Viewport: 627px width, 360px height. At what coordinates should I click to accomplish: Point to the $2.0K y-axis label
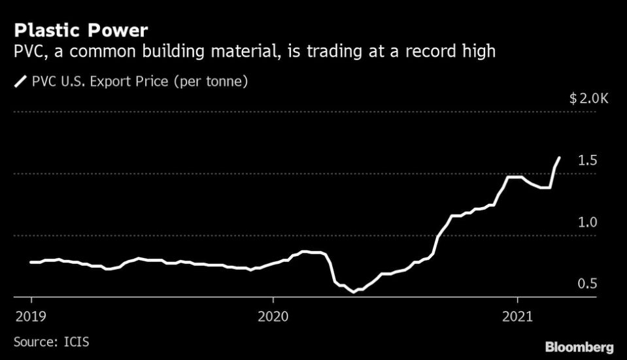pos(588,99)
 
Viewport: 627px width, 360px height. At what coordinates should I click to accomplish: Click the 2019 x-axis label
pos(31,316)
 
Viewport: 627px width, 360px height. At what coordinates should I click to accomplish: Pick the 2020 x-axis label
pos(273,316)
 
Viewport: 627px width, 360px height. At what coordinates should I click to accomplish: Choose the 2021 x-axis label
pos(517,316)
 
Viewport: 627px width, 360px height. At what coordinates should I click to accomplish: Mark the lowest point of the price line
pos(354,291)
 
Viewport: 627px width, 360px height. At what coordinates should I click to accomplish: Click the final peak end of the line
pos(559,157)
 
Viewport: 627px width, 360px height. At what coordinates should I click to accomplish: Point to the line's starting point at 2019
pos(31,262)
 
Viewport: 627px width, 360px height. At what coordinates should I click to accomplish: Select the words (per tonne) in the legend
pos(213,82)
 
